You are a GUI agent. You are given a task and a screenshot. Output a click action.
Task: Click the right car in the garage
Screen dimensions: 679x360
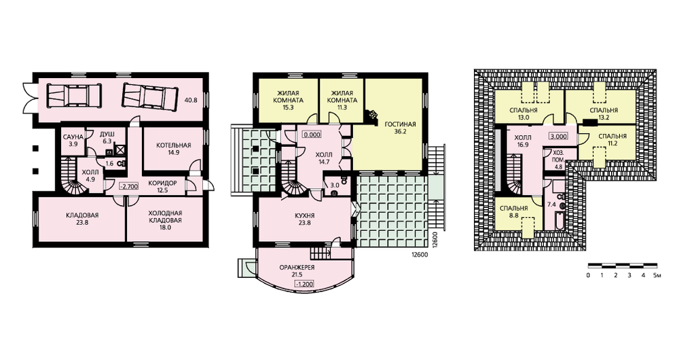[150, 95]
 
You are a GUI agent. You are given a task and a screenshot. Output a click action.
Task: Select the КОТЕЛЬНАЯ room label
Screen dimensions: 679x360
[174, 145]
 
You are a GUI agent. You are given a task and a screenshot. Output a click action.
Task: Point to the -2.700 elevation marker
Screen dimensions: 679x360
[128, 187]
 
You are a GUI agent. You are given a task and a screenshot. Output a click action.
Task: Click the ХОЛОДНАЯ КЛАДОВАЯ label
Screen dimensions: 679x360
[165, 217]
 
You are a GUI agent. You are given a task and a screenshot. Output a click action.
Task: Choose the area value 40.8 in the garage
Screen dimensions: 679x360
[191, 100]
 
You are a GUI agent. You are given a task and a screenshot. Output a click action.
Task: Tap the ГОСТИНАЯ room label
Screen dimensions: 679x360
[400, 124]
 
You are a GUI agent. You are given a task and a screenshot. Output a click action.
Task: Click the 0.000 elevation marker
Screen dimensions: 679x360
[312, 134]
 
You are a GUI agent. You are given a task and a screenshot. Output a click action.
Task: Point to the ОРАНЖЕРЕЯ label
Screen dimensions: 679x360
[297, 268]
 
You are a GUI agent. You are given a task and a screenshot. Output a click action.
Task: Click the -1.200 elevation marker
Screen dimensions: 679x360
[304, 284]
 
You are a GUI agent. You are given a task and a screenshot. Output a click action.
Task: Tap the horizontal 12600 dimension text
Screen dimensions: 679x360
[419, 255]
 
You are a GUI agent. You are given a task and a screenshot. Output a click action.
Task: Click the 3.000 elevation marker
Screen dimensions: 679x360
[558, 136]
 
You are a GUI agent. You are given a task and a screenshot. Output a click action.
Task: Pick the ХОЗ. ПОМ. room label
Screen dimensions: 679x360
[558, 156]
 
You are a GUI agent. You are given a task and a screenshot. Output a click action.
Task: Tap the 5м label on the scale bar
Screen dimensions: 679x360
[657, 275]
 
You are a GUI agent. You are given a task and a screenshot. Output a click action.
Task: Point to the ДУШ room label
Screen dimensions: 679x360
[107, 134]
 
